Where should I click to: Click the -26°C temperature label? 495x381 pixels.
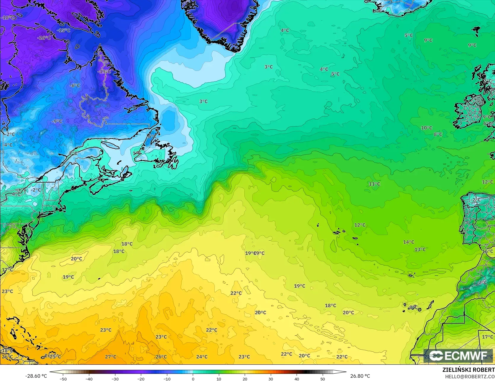[44, 38]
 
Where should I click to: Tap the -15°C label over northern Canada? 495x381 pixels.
[63, 30]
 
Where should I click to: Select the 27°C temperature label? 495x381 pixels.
[111, 357]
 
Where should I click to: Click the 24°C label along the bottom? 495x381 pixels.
[202, 357]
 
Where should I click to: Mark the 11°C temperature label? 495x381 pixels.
[374, 184]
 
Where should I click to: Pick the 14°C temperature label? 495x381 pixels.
[408, 242]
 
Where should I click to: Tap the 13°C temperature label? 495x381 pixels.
[420, 250]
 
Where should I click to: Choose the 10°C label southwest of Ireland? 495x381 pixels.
[426, 128]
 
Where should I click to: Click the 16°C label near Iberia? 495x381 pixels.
[488, 251]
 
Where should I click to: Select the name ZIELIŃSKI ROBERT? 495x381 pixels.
[468, 370]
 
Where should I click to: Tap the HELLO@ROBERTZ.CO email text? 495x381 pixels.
[469, 376]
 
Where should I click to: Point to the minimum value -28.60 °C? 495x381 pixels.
[36, 376]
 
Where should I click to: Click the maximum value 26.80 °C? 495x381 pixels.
[360, 376]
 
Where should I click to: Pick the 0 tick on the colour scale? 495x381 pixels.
[193, 379]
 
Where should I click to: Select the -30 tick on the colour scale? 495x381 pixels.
[115, 379]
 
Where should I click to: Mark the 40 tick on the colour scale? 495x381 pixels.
[297, 379]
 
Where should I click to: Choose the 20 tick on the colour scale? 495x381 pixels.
[245, 379]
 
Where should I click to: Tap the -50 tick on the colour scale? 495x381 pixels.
[63, 379]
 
